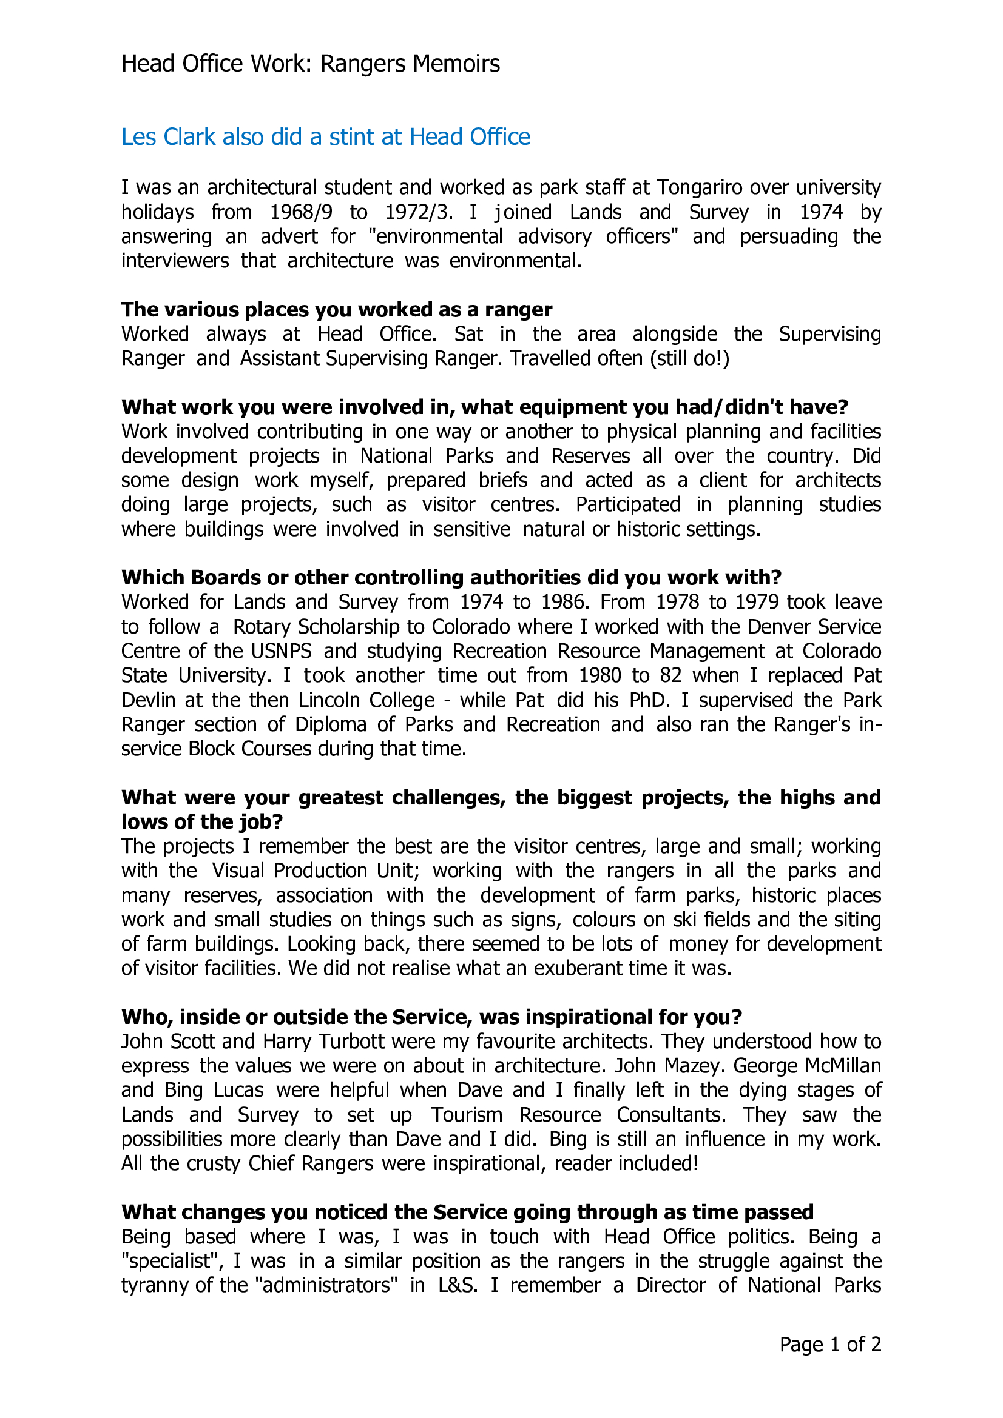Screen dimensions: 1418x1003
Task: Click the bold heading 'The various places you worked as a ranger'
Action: (337, 309)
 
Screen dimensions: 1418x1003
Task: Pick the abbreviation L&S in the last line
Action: (458, 1285)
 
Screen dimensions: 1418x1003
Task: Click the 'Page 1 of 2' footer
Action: (830, 1345)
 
